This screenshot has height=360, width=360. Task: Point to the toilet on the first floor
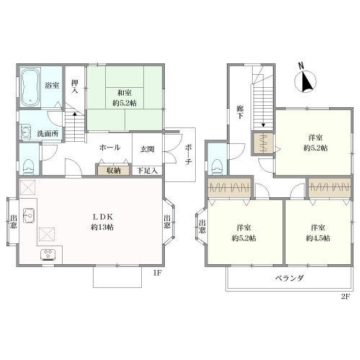point(28,165)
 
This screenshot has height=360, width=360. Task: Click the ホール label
point(109,148)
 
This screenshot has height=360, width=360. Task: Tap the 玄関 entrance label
point(147,148)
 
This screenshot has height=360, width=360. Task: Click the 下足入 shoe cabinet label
point(148,171)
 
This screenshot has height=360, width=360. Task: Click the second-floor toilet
point(216,162)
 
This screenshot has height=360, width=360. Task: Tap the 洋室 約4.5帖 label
point(318,233)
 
